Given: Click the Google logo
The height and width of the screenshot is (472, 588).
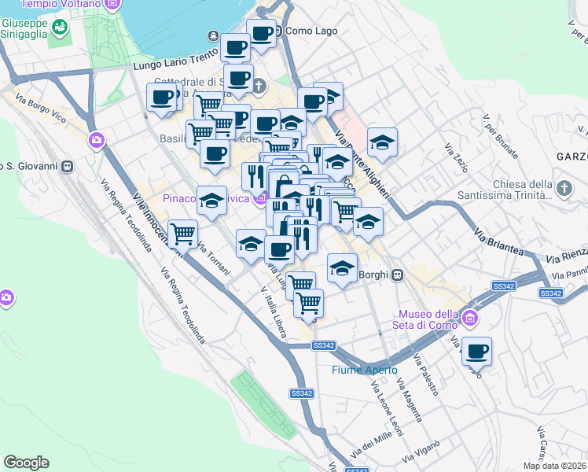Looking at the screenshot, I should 26,463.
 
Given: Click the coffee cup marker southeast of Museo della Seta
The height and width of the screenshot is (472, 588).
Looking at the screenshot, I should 476,352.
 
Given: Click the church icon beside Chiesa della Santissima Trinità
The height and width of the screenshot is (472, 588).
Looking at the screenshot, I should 563,188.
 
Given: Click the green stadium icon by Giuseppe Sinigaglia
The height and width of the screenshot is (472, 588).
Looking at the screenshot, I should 59,28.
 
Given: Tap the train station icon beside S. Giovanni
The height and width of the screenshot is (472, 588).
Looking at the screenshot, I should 68,166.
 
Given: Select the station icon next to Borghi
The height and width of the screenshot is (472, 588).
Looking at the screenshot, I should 399,275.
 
